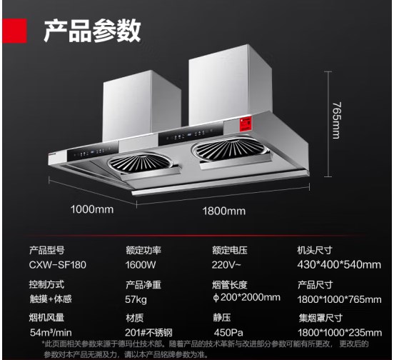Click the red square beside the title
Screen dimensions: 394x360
[14, 31]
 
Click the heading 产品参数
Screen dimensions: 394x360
[92, 31]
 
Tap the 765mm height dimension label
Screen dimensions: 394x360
[337, 120]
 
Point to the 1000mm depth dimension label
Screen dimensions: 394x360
[92, 209]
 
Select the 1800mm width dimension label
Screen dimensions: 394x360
[224, 211]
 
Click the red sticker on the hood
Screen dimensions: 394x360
[246, 124]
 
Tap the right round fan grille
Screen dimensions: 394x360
[229, 149]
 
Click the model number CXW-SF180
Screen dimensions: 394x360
[58, 265]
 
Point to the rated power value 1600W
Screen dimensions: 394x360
[141, 265]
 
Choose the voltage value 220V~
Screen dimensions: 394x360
[226, 265]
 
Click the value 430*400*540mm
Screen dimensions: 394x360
[339, 265]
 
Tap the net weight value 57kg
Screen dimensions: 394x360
[136, 300]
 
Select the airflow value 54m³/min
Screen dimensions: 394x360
[51, 333]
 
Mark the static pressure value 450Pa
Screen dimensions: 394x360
[228, 333]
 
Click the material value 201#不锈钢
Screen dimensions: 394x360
[148, 333]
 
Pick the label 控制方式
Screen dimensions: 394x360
[46, 285]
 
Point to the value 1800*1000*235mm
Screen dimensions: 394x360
[340, 333]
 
